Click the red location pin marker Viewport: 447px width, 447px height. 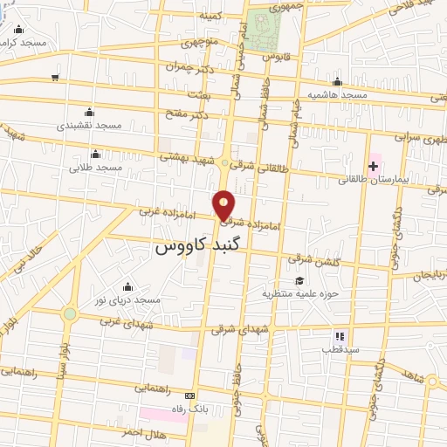224,205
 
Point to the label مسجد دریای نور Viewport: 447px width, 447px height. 128,299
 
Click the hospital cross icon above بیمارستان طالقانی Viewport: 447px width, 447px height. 374,165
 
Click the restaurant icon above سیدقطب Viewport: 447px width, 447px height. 340,335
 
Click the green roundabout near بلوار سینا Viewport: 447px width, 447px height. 69,313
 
